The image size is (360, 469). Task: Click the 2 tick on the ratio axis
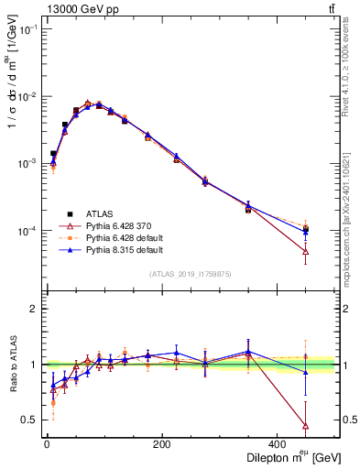click(x=34, y=309)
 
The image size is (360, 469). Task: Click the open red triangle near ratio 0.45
click(x=305, y=426)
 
